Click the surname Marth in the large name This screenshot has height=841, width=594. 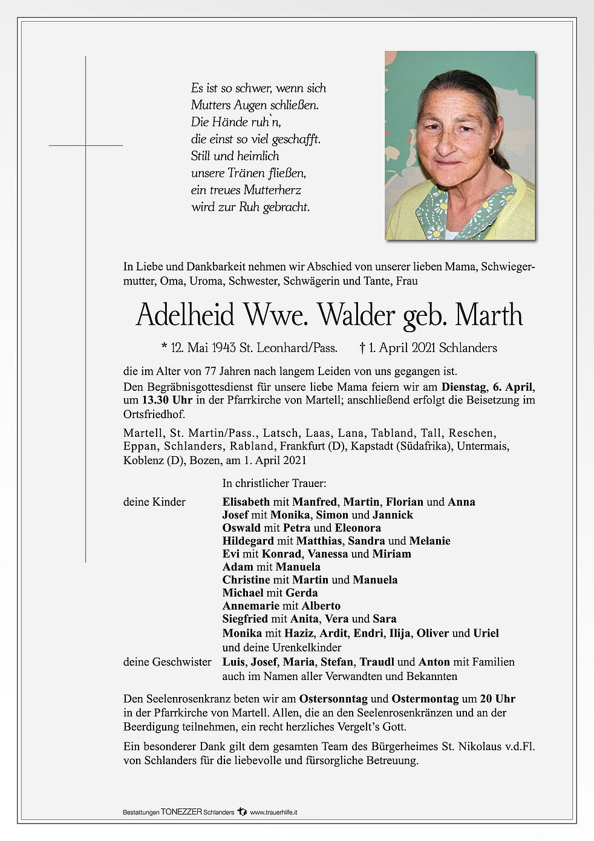tap(489, 315)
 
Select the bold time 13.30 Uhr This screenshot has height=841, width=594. tap(168, 401)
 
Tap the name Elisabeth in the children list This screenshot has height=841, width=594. tap(246, 502)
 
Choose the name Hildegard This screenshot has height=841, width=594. tap(248, 541)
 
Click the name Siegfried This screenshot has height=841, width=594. tap(246, 618)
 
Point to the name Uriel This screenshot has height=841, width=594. tap(486, 633)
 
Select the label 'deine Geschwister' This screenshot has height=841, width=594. tap(168, 662)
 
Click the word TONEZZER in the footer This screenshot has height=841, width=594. tap(181, 812)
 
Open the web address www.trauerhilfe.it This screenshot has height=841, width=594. tap(273, 812)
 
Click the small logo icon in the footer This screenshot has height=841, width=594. tap(242, 811)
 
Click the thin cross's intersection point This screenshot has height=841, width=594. tap(86, 145)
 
